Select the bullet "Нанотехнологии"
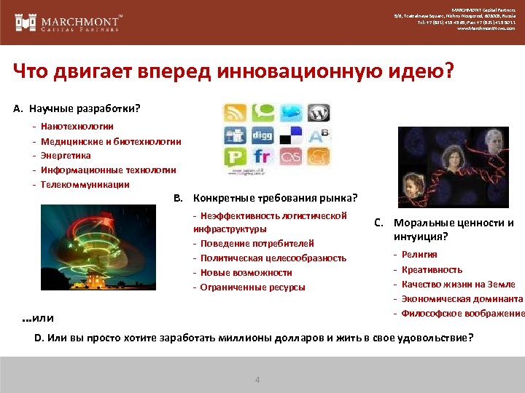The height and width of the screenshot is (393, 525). click(77, 127)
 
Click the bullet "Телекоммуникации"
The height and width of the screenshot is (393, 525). click(85, 184)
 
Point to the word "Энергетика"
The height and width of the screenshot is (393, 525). click(66, 155)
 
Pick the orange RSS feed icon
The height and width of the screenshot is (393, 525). click(236, 114)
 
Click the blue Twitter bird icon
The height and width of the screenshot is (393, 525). click(290, 114)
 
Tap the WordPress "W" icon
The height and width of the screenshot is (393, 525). click(318, 114)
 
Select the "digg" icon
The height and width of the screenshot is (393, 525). click(263, 135)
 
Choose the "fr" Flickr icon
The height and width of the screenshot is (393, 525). click(263, 156)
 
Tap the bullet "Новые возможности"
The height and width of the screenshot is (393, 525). click(246, 272)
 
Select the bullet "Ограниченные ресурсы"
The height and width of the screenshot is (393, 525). click(252, 287)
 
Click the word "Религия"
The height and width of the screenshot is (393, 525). click(419, 255)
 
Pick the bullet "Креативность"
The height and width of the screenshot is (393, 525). click(432, 269)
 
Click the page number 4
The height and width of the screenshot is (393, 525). click(257, 380)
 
